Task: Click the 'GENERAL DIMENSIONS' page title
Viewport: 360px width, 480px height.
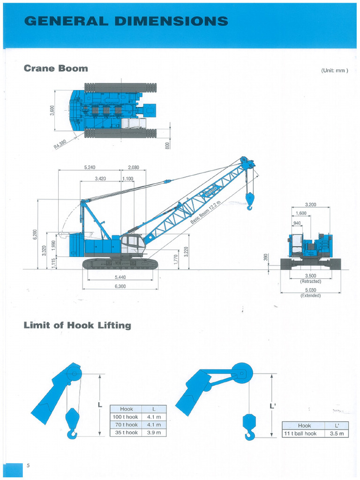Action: click(126, 21)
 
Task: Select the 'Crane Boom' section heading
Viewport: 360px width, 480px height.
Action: click(56, 68)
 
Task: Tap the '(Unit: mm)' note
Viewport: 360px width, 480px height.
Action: click(334, 71)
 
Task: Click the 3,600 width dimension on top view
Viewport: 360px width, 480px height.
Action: click(52, 111)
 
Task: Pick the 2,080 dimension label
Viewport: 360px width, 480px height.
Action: click(133, 167)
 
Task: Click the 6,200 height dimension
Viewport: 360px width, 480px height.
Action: click(34, 234)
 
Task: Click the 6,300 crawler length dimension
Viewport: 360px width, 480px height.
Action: click(120, 286)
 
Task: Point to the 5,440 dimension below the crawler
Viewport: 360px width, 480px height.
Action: click(120, 277)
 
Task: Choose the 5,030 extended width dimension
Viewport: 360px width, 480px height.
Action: click(310, 290)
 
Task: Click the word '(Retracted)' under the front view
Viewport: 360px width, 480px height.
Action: click(310, 281)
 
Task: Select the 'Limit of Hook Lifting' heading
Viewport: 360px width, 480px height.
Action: click(77, 325)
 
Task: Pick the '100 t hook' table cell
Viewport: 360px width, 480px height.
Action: click(126, 417)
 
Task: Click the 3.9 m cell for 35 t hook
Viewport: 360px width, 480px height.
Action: click(154, 432)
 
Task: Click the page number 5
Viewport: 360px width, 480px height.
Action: click(28, 465)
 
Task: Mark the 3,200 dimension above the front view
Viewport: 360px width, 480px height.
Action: click(310, 205)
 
